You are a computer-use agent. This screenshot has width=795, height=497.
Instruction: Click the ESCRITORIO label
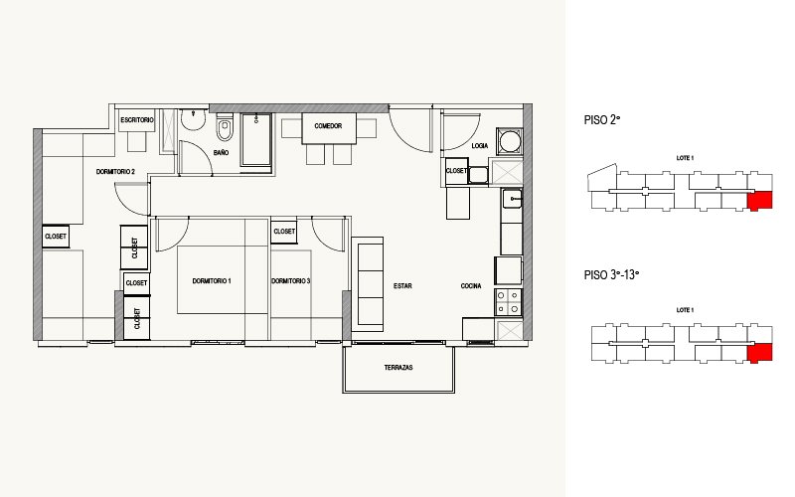(x=137, y=120)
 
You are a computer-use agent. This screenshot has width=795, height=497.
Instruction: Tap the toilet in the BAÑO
(x=225, y=127)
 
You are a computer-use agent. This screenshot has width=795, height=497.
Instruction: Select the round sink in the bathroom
(x=193, y=119)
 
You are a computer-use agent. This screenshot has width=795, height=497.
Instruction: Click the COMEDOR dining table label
(x=328, y=126)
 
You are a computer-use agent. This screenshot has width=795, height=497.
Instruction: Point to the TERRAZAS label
(x=398, y=367)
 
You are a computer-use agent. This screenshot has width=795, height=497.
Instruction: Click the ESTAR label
(x=402, y=286)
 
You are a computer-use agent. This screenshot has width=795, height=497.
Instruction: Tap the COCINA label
(x=471, y=286)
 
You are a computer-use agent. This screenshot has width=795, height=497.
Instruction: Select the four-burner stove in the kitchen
(x=508, y=302)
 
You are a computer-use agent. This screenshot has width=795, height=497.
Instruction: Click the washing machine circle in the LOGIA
(x=510, y=141)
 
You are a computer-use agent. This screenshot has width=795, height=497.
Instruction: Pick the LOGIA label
(x=480, y=146)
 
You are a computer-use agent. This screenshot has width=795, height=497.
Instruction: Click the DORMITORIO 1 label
(x=212, y=281)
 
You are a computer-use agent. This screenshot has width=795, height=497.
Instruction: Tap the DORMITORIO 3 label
(x=291, y=281)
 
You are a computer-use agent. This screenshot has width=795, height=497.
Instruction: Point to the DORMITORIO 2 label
(x=115, y=172)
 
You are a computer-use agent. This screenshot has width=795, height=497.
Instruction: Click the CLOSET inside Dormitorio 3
(x=284, y=232)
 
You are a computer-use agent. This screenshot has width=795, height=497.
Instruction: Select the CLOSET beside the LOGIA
(x=456, y=171)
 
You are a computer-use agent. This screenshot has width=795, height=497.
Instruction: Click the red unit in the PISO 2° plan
(x=759, y=201)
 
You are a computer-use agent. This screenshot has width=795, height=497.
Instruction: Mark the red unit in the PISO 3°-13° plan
(x=759, y=353)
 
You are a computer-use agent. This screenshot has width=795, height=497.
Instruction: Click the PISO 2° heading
(x=602, y=120)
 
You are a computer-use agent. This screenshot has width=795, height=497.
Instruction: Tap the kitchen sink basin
(x=512, y=198)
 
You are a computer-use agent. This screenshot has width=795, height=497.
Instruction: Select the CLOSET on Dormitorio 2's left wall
(x=56, y=237)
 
